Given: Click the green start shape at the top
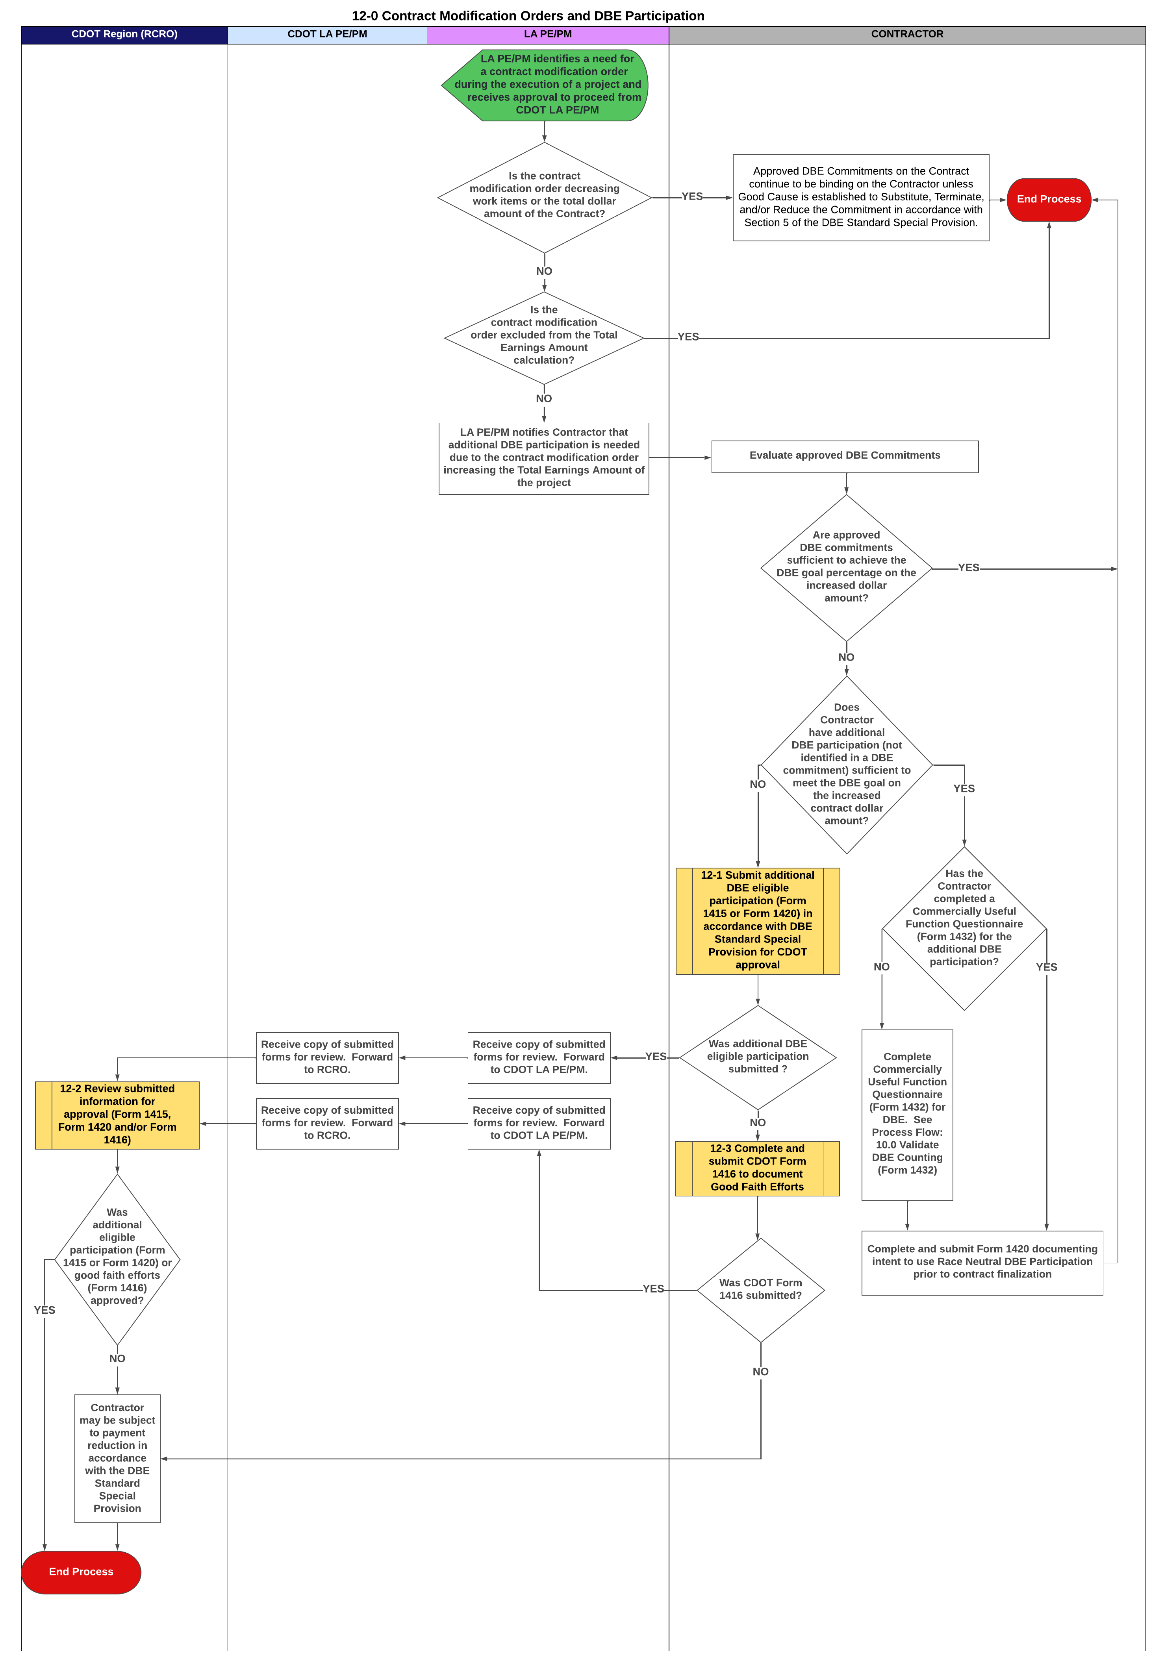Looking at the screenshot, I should (x=546, y=84).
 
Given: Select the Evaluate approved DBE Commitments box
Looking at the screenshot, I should (x=845, y=456).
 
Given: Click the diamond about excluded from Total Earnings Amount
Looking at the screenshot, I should (x=544, y=337).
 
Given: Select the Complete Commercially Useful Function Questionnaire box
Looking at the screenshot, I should (x=906, y=1115).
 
